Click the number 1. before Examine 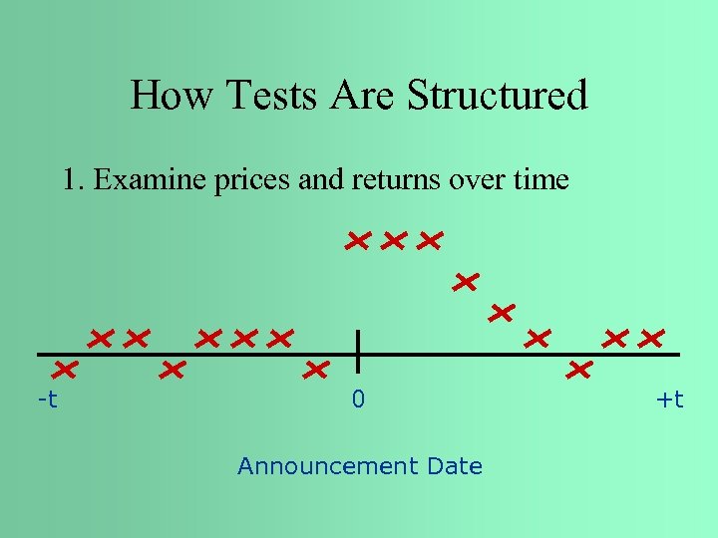point(73,180)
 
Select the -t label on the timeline point(47,401)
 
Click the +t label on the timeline point(670,401)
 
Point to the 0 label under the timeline point(358,401)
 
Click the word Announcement point(328,466)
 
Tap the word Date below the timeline point(454,466)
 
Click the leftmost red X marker point(66,371)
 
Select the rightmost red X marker point(651,339)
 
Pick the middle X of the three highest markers point(394,240)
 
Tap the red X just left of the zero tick point(317,371)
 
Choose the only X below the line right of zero point(578,371)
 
